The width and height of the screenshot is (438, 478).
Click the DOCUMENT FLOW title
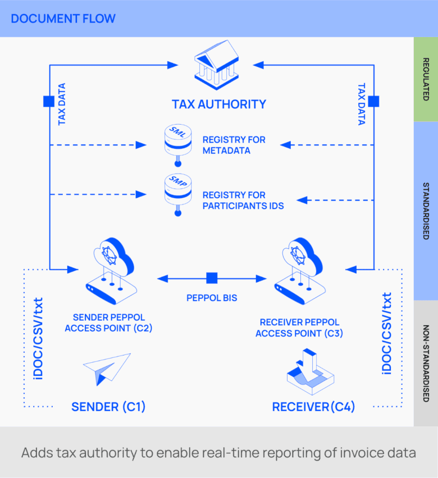[x=63, y=19]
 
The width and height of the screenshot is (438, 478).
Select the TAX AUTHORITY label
[x=219, y=104]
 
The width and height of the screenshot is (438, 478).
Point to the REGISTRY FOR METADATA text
[x=234, y=145]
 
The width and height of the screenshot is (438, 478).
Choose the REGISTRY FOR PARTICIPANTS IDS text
[x=243, y=200]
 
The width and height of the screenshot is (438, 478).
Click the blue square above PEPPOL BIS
[x=212, y=278]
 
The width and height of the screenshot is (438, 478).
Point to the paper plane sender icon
[x=107, y=368]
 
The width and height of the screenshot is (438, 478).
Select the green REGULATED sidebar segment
[x=425, y=79]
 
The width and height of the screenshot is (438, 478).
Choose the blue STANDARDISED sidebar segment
[x=425, y=211]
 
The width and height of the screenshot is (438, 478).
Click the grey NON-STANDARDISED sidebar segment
[x=425, y=363]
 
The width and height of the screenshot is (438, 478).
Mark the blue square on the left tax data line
[x=49, y=102]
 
